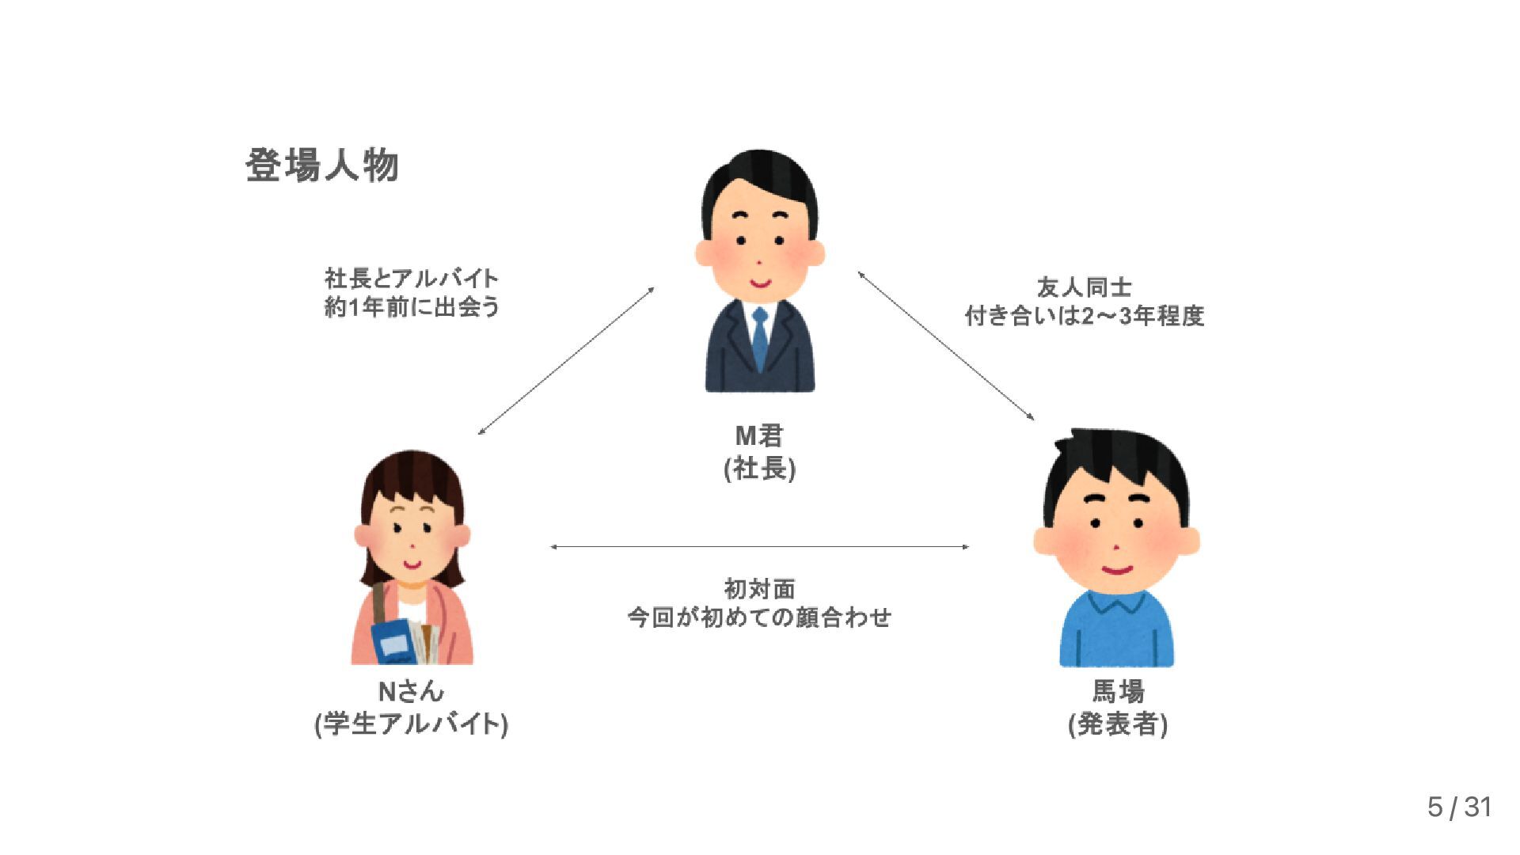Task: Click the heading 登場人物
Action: click(321, 166)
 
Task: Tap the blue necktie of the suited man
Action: click(760, 339)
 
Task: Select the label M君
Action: click(759, 435)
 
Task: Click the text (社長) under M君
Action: click(759, 469)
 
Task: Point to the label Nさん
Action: click(411, 691)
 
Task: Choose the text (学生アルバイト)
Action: click(411, 724)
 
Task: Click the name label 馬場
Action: click(1118, 691)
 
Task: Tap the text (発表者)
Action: click(1118, 724)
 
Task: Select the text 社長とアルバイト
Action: click(412, 278)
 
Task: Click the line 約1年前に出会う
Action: click(412, 306)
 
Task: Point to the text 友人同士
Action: click(1084, 287)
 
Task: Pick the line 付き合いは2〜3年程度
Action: click(1084, 316)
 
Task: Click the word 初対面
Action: click(759, 588)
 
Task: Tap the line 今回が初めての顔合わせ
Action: click(759, 617)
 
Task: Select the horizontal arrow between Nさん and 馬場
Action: click(759, 546)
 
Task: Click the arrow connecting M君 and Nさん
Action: click(566, 361)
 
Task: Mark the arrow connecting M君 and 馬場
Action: click(946, 345)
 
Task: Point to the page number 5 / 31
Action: click(1459, 807)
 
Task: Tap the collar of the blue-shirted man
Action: click(1117, 603)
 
